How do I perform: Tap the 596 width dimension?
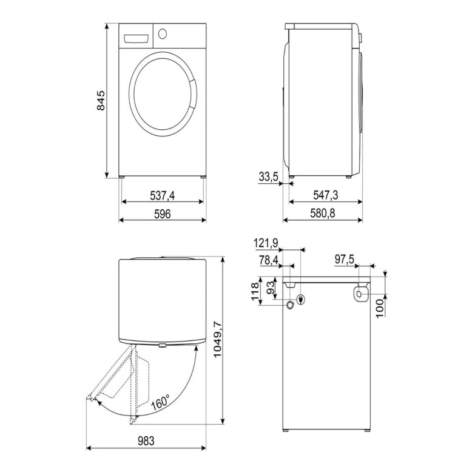click(x=162, y=214)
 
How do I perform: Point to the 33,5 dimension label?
click(x=268, y=177)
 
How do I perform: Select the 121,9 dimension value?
click(x=266, y=243)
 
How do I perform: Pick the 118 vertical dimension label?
click(x=256, y=291)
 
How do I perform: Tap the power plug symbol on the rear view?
click(x=300, y=299)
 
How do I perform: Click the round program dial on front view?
click(x=163, y=35)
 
